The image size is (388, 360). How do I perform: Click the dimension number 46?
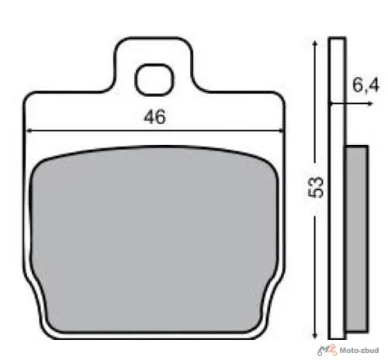[x=154, y=117]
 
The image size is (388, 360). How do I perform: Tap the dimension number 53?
[x=317, y=187]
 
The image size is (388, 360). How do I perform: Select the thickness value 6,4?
[x=365, y=85]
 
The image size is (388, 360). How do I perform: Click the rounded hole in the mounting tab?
[x=154, y=80]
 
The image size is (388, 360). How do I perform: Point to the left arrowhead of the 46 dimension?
[x=29, y=131]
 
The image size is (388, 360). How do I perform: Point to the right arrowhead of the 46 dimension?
[x=281, y=131]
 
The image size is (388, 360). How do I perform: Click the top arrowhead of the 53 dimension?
[x=315, y=43]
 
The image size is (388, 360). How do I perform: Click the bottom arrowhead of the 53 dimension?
[x=315, y=335]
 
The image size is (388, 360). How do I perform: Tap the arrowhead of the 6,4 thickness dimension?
[x=370, y=104]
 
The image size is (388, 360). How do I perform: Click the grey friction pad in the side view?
[x=356, y=238]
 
